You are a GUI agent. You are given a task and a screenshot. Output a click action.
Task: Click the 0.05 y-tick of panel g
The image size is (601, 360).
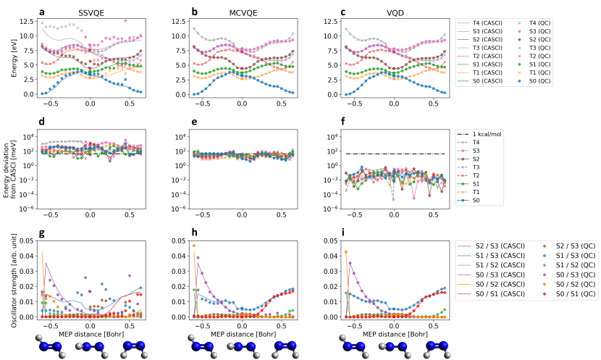(26, 240)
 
